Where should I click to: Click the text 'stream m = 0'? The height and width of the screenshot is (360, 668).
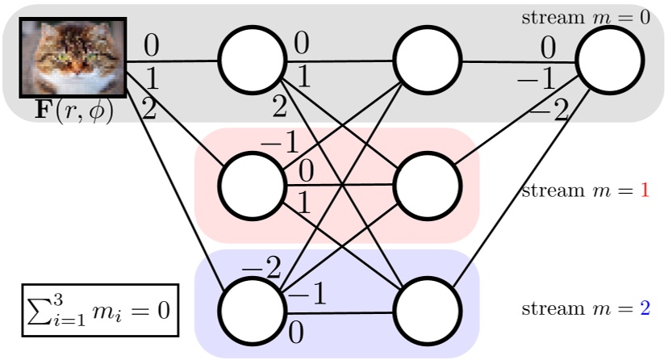tap(585, 17)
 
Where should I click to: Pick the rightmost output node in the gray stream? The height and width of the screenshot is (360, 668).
tap(610, 61)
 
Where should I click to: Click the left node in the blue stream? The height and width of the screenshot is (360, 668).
tap(252, 311)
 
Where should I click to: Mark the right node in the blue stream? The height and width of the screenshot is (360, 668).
tap(428, 311)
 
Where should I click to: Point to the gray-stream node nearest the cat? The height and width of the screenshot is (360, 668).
tap(252, 61)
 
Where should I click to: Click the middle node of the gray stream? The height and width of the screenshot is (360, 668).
tap(428, 61)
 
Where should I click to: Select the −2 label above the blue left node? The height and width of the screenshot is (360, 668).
tap(261, 267)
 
